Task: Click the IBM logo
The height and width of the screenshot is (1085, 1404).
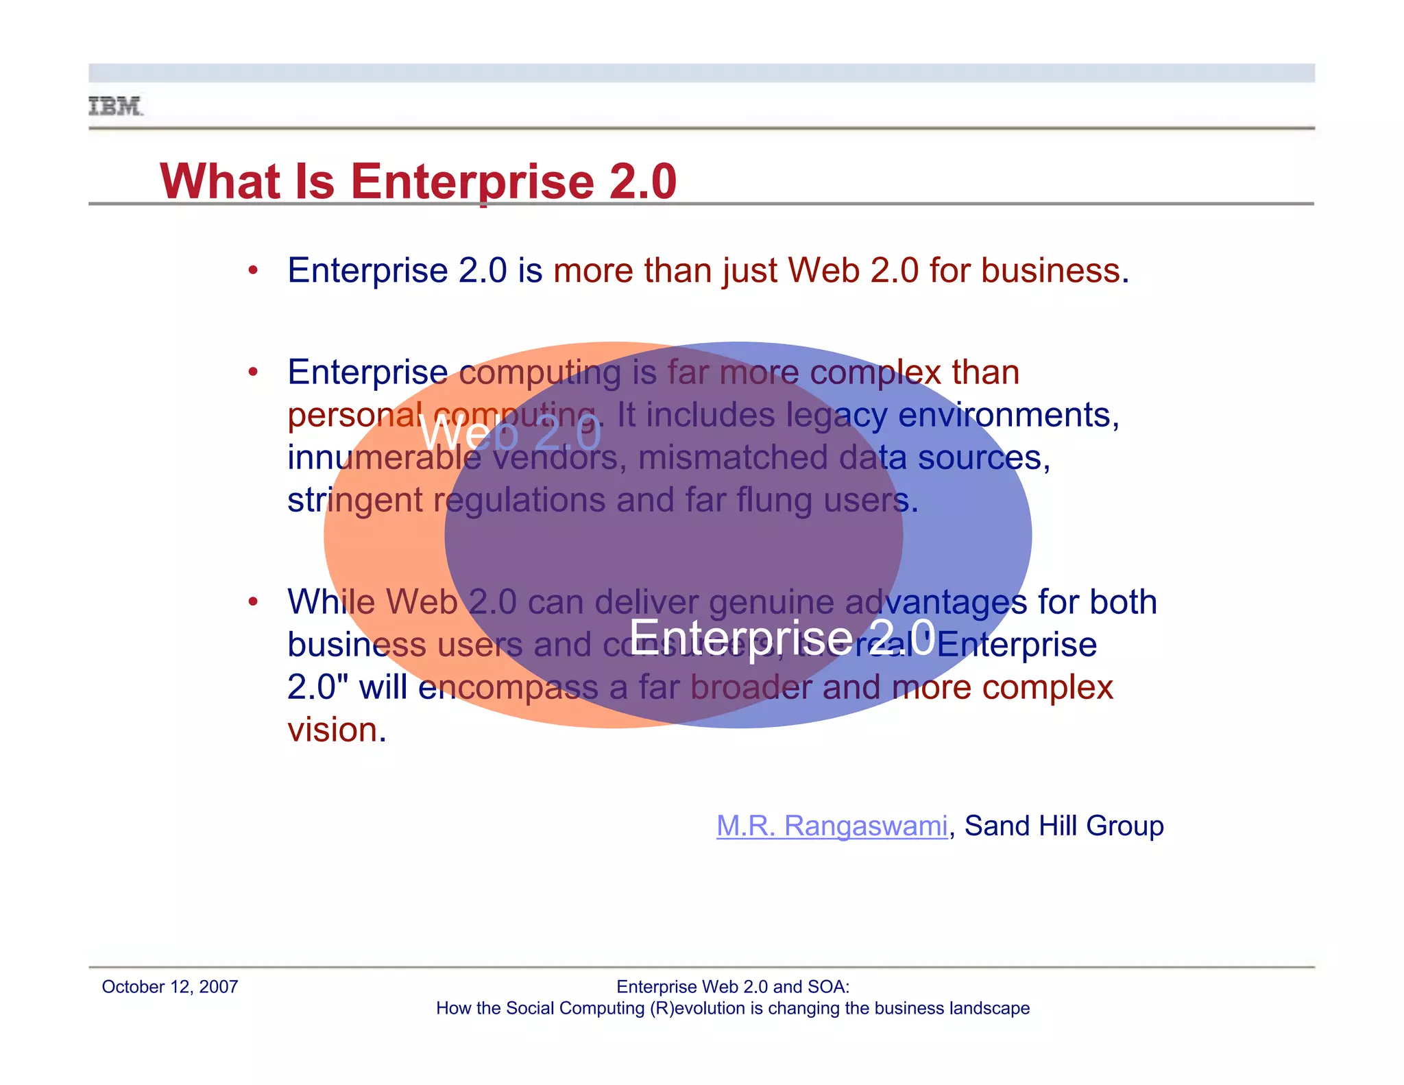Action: point(116,106)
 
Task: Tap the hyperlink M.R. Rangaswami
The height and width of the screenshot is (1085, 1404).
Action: point(832,826)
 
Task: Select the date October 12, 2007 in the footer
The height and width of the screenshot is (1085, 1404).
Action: point(169,987)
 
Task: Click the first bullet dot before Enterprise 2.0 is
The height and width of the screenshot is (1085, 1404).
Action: point(253,270)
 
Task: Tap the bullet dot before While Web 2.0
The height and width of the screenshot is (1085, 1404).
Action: point(253,602)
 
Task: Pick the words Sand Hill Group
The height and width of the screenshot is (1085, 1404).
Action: point(1064,826)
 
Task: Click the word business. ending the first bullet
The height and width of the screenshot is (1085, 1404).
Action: point(1054,270)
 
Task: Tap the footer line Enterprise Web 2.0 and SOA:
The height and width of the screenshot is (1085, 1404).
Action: point(732,987)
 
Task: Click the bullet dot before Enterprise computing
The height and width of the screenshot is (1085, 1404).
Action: point(253,372)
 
